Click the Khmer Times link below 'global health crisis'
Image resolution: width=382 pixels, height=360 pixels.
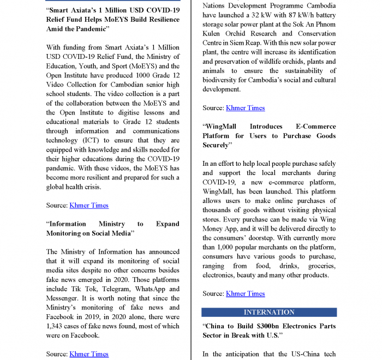pos(89,206)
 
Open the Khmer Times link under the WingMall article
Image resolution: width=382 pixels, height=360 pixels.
pos(245,293)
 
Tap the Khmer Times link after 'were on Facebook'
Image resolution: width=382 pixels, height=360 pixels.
pos(89,354)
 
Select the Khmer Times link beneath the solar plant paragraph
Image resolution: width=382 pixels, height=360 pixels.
pos(245,108)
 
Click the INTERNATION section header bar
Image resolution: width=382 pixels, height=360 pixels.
pos(269,313)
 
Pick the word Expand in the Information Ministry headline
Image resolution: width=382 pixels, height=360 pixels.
pos(167,224)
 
